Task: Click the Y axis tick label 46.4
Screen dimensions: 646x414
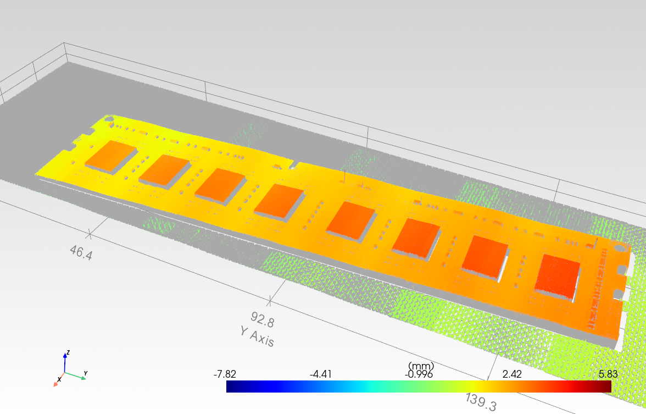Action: click(81, 252)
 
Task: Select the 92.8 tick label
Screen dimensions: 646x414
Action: click(263, 319)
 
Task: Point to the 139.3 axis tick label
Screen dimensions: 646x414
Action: click(481, 401)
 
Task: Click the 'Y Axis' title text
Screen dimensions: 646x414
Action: click(257, 336)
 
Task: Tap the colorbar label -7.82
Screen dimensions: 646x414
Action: click(225, 374)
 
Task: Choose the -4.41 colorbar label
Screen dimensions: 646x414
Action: click(321, 374)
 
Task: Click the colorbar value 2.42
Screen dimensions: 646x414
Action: click(512, 374)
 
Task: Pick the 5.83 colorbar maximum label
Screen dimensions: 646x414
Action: click(608, 374)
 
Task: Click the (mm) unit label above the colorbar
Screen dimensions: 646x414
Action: click(421, 366)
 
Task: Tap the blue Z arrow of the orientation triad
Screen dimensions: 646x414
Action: click(65, 362)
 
